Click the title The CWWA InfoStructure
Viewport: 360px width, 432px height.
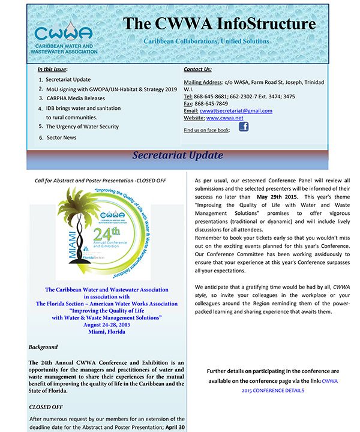(x=219, y=23)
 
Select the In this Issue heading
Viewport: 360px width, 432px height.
(x=52, y=70)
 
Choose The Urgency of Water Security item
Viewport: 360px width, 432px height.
(x=82, y=127)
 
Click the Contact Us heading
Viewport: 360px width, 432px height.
(x=197, y=70)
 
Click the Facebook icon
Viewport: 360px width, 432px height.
(x=244, y=127)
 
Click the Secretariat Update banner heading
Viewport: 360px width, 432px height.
(x=178, y=155)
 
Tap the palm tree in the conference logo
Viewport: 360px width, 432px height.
(x=78, y=209)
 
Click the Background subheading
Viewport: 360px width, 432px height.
(x=43, y=347)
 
